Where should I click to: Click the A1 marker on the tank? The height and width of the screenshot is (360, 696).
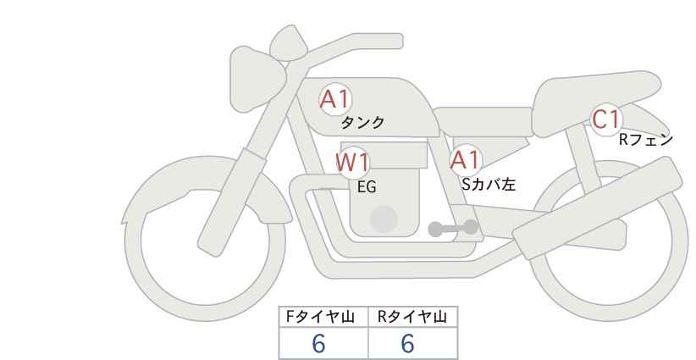pos(335,99)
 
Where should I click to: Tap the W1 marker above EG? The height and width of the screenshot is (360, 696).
pos(352,163)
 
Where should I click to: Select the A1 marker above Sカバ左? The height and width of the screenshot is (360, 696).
pos(465,160)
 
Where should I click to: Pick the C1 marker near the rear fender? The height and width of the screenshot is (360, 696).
pos(606,119)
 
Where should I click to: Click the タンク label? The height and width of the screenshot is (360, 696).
pos(362,123)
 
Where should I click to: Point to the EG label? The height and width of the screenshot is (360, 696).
pos(367,187)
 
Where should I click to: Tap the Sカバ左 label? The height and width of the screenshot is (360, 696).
pos(489,184)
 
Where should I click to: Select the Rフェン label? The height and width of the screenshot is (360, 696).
pos(646,140)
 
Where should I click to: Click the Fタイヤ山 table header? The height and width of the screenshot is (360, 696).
pos(320,317)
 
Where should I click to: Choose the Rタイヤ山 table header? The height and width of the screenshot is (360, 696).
pos(412,317)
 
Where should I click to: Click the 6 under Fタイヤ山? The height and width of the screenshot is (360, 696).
pos(318,343)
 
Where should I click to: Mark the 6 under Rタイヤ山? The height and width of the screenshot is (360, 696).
pos(407,343)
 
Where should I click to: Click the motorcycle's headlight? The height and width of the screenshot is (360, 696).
pos(256,79)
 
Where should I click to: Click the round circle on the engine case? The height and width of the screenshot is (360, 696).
pos(384,219)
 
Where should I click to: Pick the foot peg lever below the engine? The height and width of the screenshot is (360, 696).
pos(453,228)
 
